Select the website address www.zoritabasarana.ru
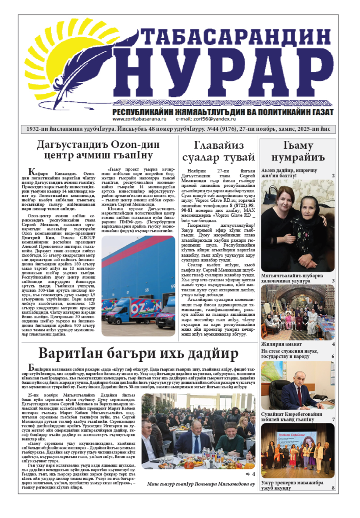[139, 119]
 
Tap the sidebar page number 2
[333, 175]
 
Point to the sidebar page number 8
[333, 488]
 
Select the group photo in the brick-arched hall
[298, 312]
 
